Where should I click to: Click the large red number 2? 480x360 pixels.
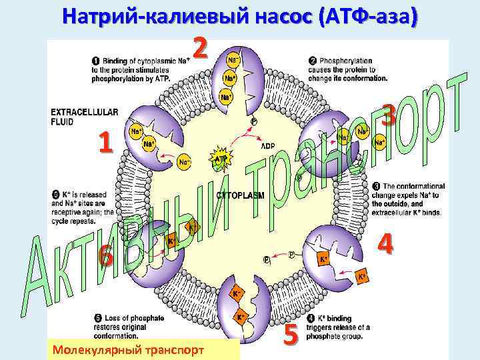(x=201, y=47)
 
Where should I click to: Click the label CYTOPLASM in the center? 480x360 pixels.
(x=240, y=195)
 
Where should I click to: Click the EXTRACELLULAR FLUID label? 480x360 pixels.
(x=85, y=117)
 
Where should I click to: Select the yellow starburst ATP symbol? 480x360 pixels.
(x=220, y=157)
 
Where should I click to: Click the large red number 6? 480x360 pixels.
(x=105, y=255)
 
